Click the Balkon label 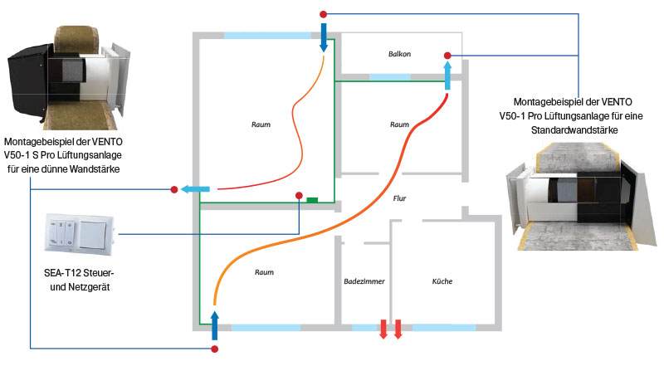[x=399, y=53]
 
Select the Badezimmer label [x=364, y=282]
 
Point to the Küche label [x=442, y=282]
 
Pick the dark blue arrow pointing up [x=214, y=325]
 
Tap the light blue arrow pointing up [x=447, y=77]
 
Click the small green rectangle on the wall [x=313, y=199]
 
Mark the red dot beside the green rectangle [x=298, y=196]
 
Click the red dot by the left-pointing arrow [x=173, y=190]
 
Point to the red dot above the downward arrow [x=324, y=14]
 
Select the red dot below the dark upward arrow [x=214, y=349]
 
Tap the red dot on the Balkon [x=447, y=56]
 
